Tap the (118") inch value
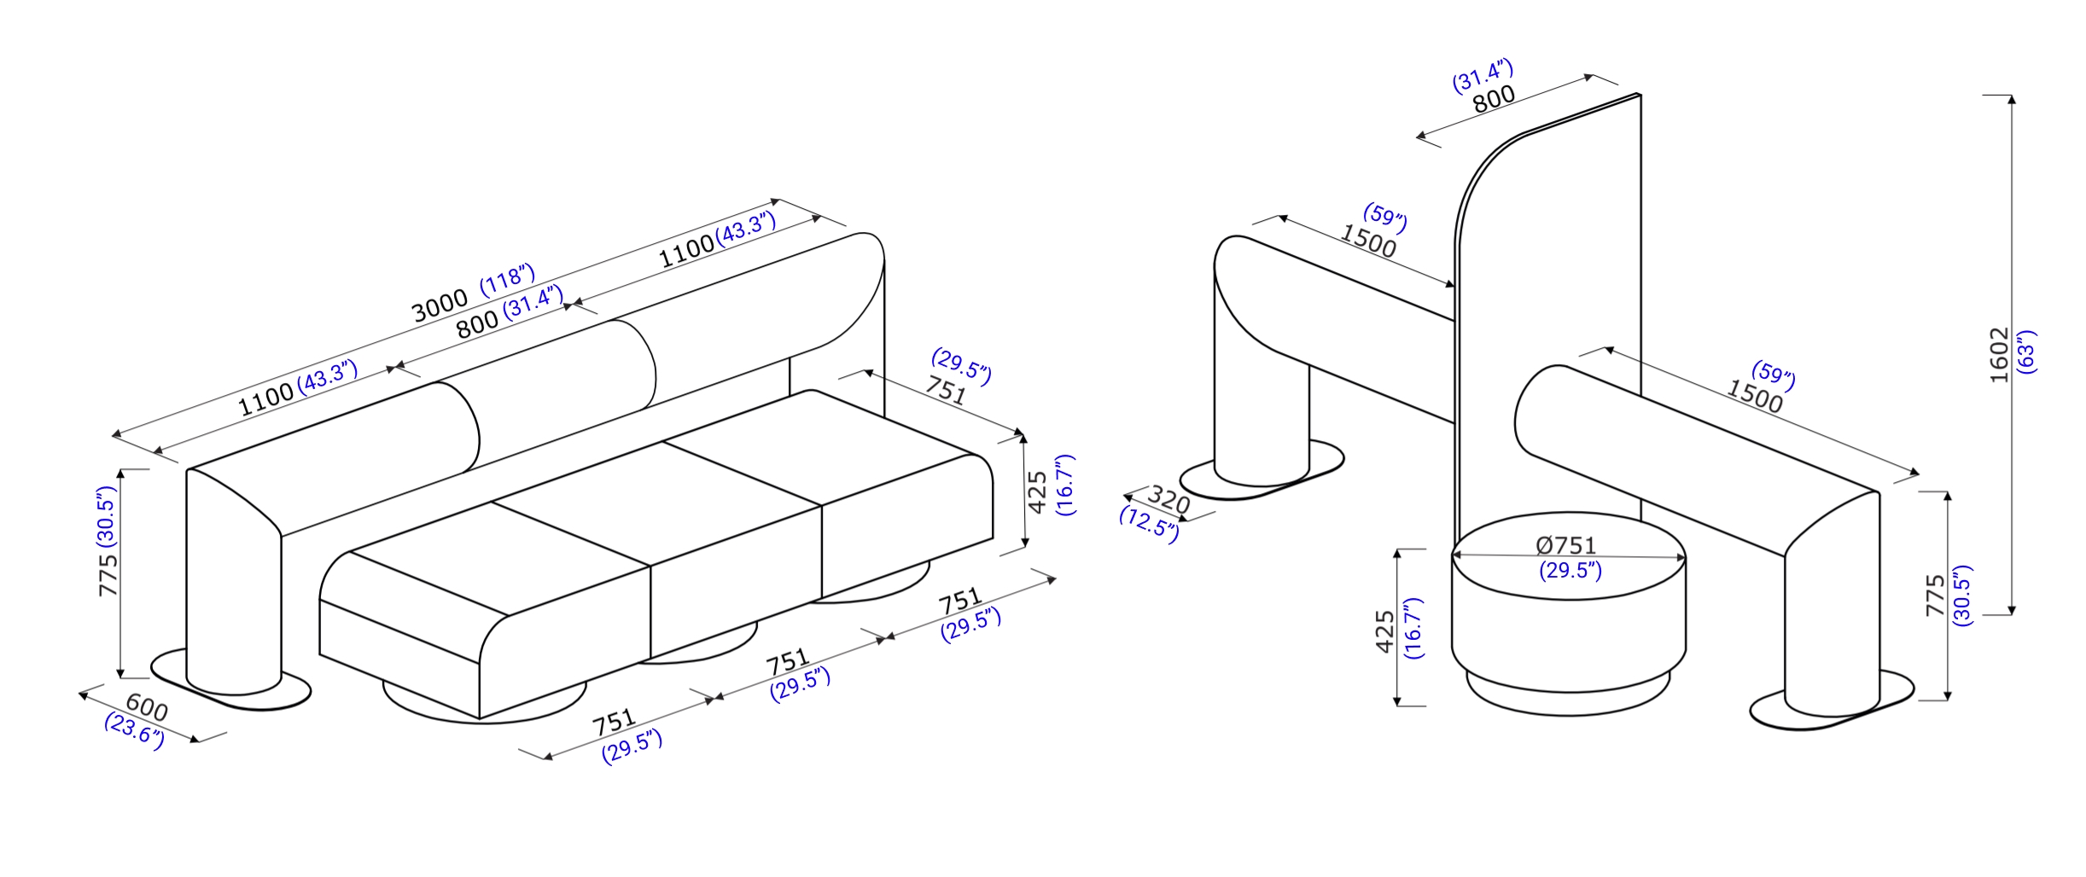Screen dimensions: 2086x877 [508, 280]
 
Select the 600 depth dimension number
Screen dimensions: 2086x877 [147, 706]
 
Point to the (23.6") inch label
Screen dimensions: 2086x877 [135, 732]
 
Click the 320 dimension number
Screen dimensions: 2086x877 [1168, 499]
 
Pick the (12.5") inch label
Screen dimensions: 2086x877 [1149, 524]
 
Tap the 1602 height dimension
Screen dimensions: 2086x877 [1999, 355]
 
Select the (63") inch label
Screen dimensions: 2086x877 [2026, 351]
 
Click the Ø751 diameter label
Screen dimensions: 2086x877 [1565, 545]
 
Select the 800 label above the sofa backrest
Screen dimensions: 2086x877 [477, 324]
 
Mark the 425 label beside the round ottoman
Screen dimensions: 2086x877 [1384, 631]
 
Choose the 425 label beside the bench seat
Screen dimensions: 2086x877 [1037, 492]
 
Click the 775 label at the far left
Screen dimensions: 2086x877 [108, 575]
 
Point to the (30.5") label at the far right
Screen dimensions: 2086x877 [1961, 595]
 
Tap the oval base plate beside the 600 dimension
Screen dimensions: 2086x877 [230, 680]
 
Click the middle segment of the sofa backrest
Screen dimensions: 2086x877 [546, 375]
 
